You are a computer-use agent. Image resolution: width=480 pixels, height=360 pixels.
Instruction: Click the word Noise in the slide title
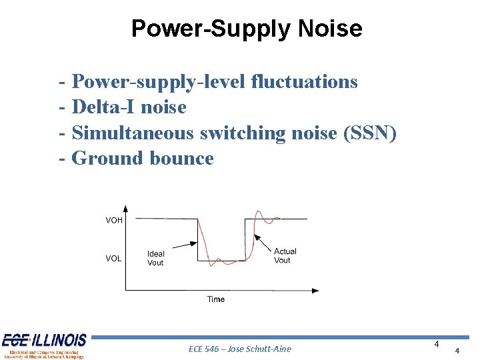pos(331,29)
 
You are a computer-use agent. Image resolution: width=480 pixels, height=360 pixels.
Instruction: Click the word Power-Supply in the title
pos(211,29)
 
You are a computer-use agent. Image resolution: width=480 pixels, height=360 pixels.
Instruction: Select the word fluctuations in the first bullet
pos(304,82)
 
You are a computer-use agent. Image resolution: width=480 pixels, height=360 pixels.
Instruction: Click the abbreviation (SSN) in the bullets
pos(369,133)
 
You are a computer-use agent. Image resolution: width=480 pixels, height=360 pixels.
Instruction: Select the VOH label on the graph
pos(114,220)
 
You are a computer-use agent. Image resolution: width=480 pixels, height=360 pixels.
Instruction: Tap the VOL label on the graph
pos(113,259)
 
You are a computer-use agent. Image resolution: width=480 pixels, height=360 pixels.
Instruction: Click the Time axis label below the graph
pos(215,299)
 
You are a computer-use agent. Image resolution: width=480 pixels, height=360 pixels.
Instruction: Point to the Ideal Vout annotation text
pos(155,259)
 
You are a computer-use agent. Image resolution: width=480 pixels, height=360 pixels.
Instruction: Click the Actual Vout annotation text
pos(285,256)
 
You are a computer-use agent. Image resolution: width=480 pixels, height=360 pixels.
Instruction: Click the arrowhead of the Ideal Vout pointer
pos(196,244)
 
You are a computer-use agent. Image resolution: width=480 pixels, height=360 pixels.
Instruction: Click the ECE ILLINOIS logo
pos(44,345)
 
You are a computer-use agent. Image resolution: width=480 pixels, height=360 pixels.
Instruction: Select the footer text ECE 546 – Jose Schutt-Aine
pos(240,349)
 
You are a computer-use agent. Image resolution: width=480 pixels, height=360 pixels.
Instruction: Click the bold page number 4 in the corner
pos(457,351)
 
